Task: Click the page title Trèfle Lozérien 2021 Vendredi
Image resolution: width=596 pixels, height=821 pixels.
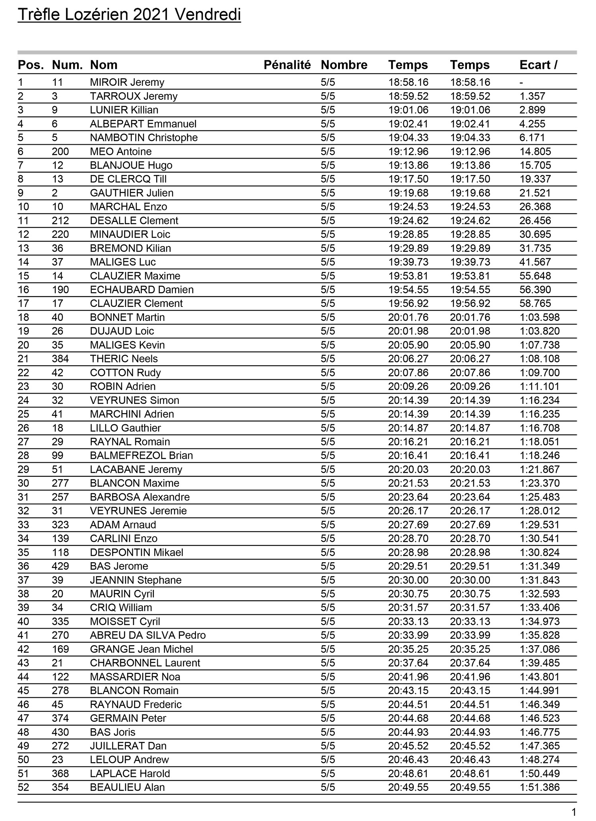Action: coord(129,15)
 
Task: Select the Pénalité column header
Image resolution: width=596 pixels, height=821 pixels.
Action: coord(287,65)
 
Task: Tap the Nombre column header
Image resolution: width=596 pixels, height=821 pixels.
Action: coord(344,65)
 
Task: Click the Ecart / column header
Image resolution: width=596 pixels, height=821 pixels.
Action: coord(538,65)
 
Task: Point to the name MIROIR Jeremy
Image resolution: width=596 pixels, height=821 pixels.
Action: coord(127,82)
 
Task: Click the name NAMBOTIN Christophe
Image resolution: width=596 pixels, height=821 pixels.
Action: coord(143,138)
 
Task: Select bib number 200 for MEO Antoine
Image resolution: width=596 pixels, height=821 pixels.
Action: coord(60,151)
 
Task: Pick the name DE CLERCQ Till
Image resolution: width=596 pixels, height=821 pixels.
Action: coord(128,179)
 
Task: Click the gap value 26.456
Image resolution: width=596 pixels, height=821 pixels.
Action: coord(535,221)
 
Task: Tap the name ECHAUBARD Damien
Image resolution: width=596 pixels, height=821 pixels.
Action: coord(141,290)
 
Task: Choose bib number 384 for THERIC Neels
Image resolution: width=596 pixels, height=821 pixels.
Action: coord(60,359)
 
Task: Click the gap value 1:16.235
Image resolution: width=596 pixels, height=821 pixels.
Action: coord(539,414)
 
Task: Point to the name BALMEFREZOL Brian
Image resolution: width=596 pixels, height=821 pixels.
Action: coord(141,456)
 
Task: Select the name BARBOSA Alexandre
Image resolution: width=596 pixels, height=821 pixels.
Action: coord(139,497)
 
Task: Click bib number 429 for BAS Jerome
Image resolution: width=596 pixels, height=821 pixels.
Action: coord(60,566)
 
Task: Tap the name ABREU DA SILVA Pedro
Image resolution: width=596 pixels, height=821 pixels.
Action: coord(147,635)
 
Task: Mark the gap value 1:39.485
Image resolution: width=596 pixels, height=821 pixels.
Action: coord(539,663)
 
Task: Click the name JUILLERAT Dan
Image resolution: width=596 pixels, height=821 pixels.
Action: coord(128,746)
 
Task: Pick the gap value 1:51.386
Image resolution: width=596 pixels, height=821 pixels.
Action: coord(539,788)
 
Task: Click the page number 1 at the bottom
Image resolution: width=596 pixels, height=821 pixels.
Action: coord(573,812)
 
